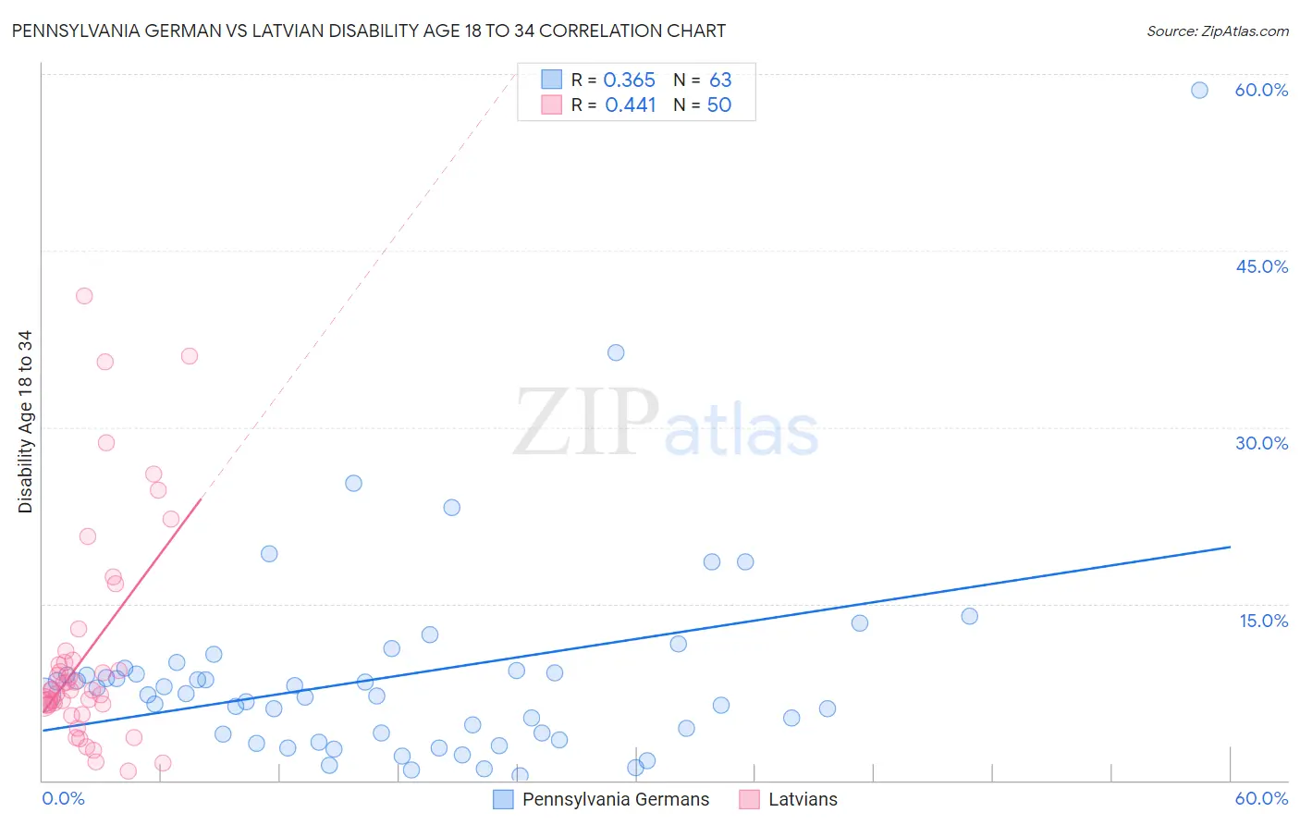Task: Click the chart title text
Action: pos(368,31)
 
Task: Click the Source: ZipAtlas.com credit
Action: pos(1217,31)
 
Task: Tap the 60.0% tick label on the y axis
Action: pos(1261,90)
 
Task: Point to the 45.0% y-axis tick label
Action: pos(1261,266)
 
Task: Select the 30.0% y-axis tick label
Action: pos(1261,443)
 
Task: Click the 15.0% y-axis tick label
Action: pos(1263,621)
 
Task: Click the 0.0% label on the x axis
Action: pos(63,798)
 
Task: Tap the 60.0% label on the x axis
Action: pos(1261,798)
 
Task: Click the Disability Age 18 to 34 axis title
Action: pos(25,422)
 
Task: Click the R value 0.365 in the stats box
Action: pos(629,80)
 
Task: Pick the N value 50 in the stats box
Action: pos(718,105)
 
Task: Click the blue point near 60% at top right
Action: pos(1199,90)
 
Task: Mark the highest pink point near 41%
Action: pos(84,296)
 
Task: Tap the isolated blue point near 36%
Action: pos(616,352)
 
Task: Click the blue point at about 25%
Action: pos(353,483)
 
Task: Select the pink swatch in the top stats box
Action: pos(552,105)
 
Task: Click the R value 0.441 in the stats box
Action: pos(630,105)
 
